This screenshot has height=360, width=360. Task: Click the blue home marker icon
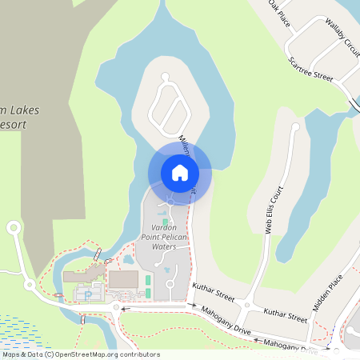179,172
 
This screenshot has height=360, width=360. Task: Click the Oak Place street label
278,12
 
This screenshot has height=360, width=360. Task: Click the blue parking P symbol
87,294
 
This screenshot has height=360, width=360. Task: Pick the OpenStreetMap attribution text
80,354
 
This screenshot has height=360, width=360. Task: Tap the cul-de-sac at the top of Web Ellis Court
295,126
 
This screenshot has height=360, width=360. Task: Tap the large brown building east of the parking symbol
123,279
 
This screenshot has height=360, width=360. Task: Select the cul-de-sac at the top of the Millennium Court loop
166,78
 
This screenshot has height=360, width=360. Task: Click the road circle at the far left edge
14,228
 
